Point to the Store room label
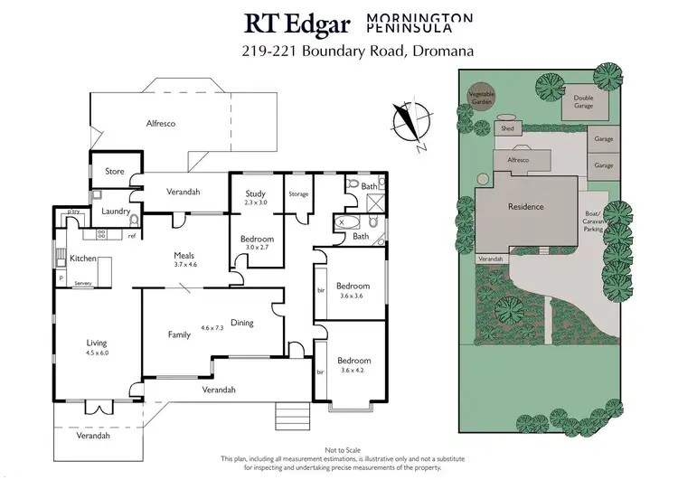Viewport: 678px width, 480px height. tap(114, 171)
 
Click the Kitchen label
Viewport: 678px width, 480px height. tap(83, 259)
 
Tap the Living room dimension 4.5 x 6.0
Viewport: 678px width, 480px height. tap(96, 353)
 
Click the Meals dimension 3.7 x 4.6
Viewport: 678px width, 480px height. tap(185, 266)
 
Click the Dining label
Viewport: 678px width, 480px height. tap(242, 323)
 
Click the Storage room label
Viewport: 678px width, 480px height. tap(298, 194)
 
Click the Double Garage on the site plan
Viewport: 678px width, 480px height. tap(579, 104)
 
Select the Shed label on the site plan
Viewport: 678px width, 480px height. tap(507, 128)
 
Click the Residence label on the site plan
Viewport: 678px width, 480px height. tap(525, 207)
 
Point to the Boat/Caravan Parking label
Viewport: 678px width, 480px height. tap(594, 222)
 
